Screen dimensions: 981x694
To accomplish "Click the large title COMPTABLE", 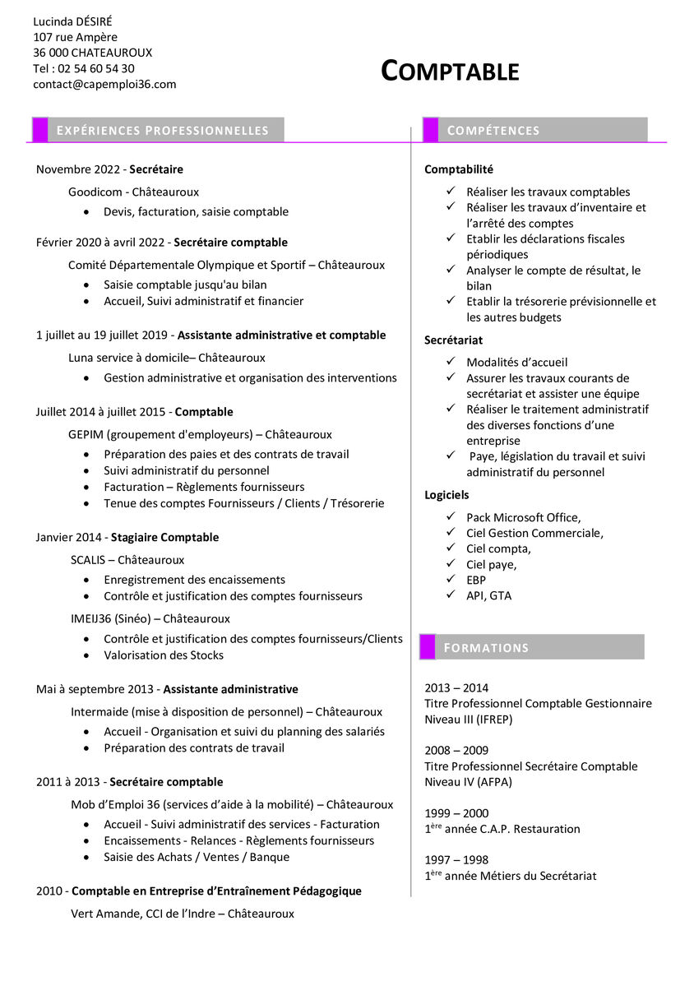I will point(450,72).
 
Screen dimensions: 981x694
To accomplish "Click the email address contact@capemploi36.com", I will point(104,84).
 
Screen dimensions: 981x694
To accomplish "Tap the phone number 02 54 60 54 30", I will point(96,68).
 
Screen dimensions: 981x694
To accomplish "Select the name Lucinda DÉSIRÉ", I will point(72,21).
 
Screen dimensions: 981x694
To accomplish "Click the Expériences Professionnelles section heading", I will point(162,131).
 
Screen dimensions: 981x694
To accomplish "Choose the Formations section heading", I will point(486,648).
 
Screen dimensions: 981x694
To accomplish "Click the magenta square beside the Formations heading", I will point(428,647).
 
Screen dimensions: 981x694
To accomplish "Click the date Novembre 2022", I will point(79,169).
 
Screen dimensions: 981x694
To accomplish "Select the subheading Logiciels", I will point(446,495).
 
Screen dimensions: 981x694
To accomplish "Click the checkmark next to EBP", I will point(451,579).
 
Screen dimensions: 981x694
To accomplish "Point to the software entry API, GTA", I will point(488,595).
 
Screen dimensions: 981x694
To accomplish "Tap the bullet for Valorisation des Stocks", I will point(86,655).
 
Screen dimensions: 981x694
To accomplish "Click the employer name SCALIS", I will point(88,560).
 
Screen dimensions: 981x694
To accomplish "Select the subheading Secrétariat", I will point(453,340).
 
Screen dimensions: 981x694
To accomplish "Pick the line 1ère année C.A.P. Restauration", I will point(502,829).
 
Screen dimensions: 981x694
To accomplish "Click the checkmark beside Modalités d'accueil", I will point(451,361).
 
